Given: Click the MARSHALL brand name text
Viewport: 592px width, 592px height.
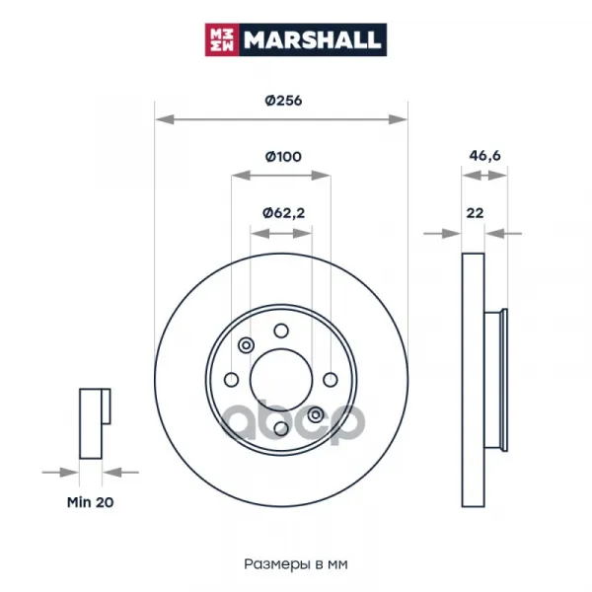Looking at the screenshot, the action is [312, 40].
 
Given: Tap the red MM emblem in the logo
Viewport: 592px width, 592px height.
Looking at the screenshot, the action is [222, 39].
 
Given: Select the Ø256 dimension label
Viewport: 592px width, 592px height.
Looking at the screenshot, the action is [283, 101].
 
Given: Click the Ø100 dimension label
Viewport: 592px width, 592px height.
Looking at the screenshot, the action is [283, 156].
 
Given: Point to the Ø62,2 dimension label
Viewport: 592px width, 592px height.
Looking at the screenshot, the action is [283, 213].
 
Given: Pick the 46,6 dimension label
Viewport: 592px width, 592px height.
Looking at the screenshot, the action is [484, 155].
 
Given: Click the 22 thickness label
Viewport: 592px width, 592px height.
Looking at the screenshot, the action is [475, 213].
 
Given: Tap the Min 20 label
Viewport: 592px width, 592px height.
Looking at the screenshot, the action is [90, 502].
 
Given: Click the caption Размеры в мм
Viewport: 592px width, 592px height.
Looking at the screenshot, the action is [296, 564].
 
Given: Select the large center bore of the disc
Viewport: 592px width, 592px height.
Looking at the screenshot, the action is [281, 380].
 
